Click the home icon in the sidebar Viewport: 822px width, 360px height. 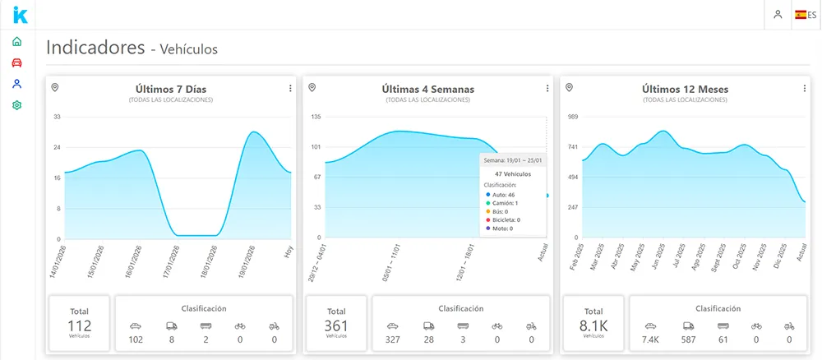click(16, 41)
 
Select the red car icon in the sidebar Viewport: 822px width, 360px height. click(16, 62)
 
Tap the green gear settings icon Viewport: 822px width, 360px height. click(16, 105)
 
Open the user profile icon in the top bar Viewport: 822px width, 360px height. click(777, 15)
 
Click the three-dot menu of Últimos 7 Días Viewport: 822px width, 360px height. click(289, 89)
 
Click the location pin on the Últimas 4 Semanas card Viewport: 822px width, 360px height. click(312, 87)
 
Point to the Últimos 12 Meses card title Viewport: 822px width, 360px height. click(685, 89)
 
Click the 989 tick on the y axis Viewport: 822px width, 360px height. click(574, 117)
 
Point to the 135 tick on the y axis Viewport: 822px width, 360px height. click(316, 117)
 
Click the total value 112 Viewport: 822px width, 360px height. click(79, 326)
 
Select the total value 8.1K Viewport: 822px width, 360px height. click(593, 326)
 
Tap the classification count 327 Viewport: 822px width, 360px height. click(393, 339)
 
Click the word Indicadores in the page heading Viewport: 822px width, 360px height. click(95, 48)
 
